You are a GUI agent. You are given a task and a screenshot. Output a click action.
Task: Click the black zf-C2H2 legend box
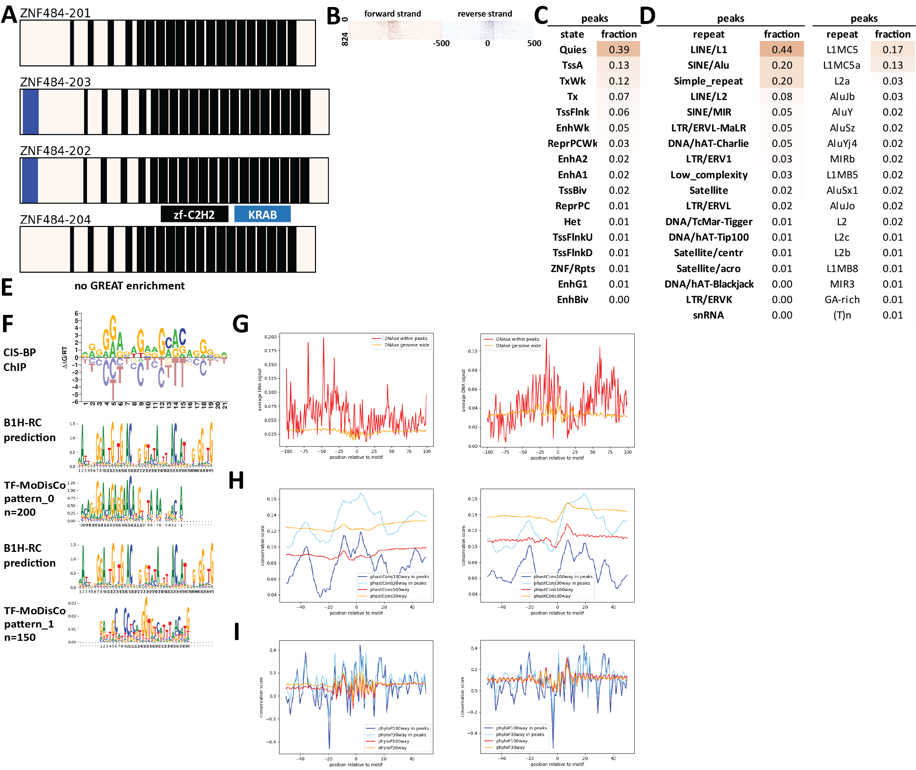click(x=194, y=214)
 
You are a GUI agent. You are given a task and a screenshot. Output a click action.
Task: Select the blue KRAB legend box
click(x=262, y=214)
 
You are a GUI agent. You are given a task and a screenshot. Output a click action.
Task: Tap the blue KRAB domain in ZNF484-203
click(x=31, y=112)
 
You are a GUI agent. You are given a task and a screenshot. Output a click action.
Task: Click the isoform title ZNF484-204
click(x=55, y=220)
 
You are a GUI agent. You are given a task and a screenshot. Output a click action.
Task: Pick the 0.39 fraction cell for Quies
click(x=618, y=49)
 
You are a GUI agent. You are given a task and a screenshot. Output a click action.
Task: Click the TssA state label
click(x=572, y=65)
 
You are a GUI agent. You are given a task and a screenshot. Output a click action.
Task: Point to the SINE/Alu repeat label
click(x=708, y=65)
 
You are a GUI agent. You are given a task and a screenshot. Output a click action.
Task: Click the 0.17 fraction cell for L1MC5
click(x=892, y=49)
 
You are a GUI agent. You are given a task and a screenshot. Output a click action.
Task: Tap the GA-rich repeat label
click(x=842, y=299)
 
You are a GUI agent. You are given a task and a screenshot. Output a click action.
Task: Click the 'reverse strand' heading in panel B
click(x=485, y=14)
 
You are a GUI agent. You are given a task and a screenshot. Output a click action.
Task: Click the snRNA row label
click(x=708, y=315)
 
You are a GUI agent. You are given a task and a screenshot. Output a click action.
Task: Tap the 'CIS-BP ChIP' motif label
click(x=20, y=360)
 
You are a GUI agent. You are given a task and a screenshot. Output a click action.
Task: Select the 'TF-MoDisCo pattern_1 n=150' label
click(x=34, y=624)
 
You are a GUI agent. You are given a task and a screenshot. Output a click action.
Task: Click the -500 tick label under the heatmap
click(x=441, y=43)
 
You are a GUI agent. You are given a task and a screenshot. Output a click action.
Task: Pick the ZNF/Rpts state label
click(x=572, y=268)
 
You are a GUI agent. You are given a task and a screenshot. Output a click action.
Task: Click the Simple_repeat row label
click(x=708, y=81)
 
